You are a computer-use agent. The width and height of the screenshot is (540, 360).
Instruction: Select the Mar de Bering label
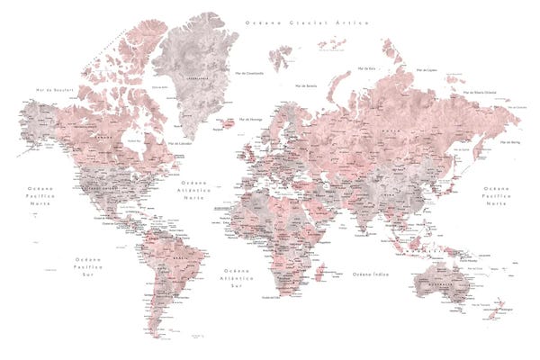509,142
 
